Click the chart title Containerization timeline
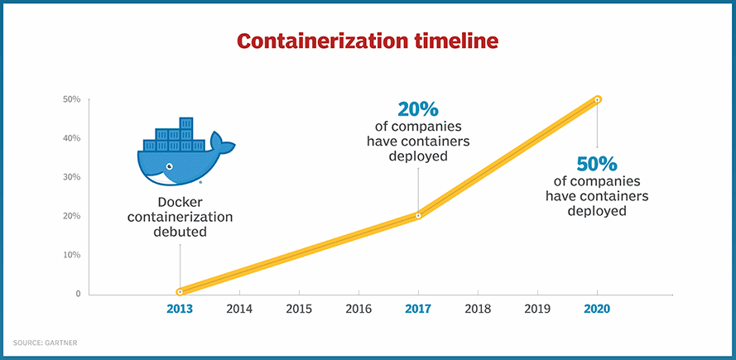tap(368, 41)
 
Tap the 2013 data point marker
tap(180, 291)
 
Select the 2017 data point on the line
tap(418, 215)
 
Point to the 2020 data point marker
tap(597, 99)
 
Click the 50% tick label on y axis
tap(71, 99)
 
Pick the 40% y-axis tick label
tap(71, 138)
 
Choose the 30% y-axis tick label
tap(71, 177)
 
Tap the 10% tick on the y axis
tap(71, 255)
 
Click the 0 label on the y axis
tap(77, 294)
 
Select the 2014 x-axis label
tap(239, 310)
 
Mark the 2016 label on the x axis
tap(358, 310)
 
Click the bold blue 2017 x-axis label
tap(418, 310)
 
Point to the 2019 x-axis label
tap(537, 310)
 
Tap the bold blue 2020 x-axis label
tap(597, 310)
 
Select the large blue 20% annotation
tap(418, 109)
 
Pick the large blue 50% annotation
tap(597, 162)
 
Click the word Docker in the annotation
tap(180, 203)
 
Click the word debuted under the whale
tap(180, 233)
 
